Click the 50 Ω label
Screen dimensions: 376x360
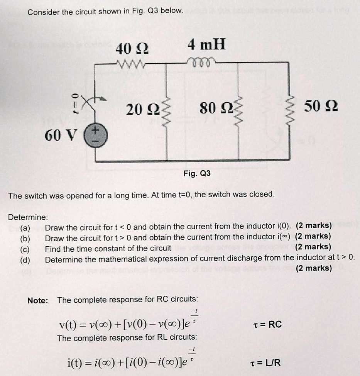click(321, 105)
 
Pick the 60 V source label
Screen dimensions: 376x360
click(61, 135)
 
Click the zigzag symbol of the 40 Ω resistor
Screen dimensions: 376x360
click(131, 63)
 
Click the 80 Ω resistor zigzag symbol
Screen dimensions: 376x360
click(238, 110)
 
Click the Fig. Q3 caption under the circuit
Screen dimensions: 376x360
click(197, 174)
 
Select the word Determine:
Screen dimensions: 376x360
click(28, 217)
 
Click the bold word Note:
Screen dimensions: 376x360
click(37, 300)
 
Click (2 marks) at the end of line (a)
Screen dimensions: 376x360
click(313, 225)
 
